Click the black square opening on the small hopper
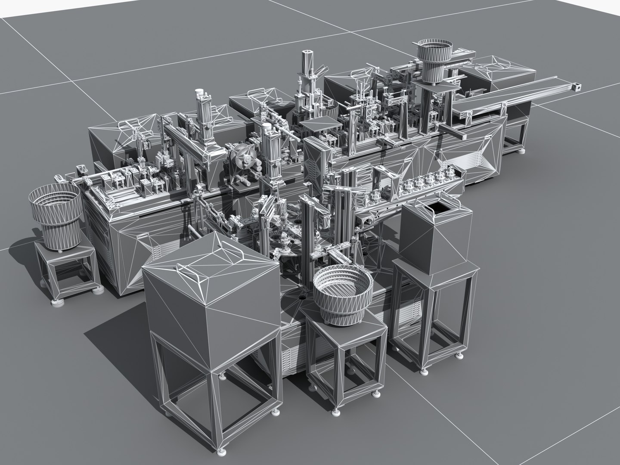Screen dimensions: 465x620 [x=439, y=208]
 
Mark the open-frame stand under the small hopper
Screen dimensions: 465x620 [x=435, y=319]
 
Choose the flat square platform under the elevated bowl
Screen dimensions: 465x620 [x=436, y=88]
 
